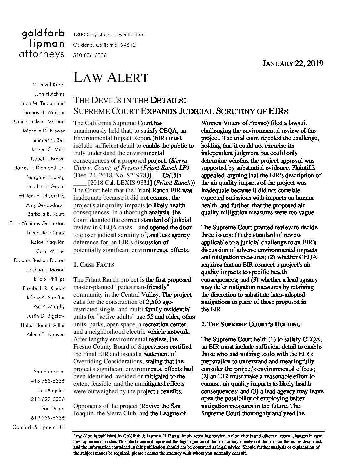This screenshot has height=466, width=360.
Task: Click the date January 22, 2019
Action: click(292, 63)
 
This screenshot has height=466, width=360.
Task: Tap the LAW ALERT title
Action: click(111, 78)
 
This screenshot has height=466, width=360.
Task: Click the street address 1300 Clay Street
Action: click(109, 35)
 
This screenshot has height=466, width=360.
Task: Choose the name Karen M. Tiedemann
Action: click(41, 103)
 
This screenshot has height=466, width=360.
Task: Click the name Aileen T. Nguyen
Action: click(46, 335)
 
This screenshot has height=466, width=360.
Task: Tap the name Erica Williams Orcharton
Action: click(37, 223)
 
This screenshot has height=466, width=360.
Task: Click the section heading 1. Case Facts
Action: click(94, 265)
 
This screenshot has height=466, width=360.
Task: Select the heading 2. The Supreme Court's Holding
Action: click(250, 324)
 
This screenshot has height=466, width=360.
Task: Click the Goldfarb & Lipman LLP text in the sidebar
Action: click(38, 427)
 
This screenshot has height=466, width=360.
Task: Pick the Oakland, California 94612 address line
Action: click(105, 45)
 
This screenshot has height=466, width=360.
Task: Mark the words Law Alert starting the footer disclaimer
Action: click(82, 436)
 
